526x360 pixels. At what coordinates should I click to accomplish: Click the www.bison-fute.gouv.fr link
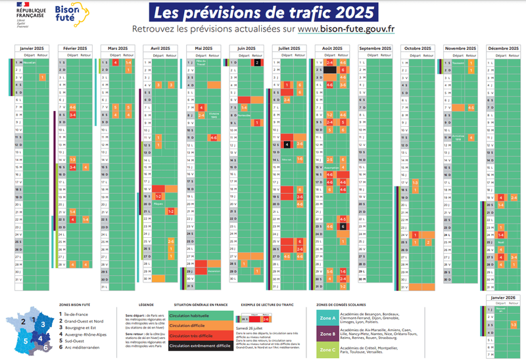(x=346, y=29)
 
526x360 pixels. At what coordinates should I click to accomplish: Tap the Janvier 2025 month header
(x=32, y=49)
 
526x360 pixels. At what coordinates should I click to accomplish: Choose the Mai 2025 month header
(x=203, y=49)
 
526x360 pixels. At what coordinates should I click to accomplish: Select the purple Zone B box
(x=329, y=333)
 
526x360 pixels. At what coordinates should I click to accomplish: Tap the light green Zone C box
(x=329, y=349)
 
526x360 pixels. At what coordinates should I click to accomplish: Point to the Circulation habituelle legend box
(x=197, y=315)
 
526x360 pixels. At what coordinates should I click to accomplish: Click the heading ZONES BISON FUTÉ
(x=72, y=305)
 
